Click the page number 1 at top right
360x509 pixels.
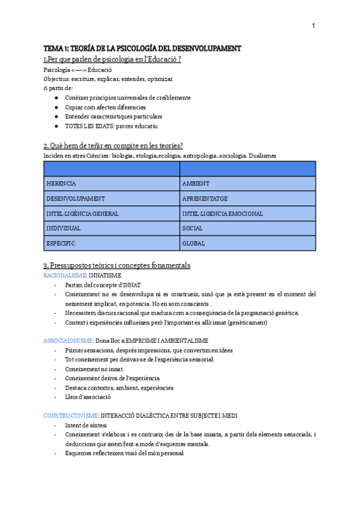pos(313,25)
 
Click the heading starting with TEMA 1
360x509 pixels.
pos(142,48)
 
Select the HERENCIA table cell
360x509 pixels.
pos(112,183)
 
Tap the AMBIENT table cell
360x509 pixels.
pos(247,183)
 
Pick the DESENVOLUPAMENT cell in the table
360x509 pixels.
pos(112,198)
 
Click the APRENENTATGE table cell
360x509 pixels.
pos(247,198)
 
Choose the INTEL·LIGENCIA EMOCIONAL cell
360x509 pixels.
pos(247,213)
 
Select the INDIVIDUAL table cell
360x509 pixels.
pos(112,228)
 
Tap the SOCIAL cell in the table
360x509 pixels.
pos(247,228)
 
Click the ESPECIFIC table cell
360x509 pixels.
pos(112,243)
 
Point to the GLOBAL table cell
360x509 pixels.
pos(247,243)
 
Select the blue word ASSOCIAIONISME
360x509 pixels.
pos(68,340)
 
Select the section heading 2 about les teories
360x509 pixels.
pos(113,146)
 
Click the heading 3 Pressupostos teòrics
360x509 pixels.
pos(116,265)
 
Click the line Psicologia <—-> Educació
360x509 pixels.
pos(78,70)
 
